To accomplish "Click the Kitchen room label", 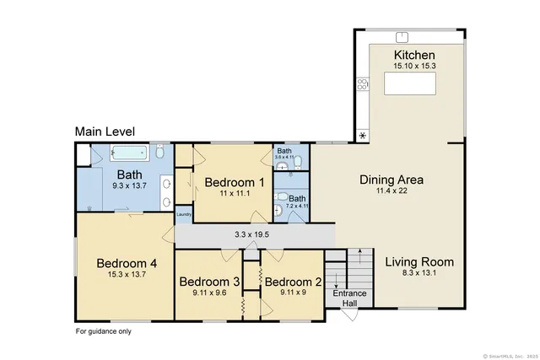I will point(414,56).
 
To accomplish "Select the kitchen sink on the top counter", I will point(402,36).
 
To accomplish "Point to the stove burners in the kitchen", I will point(363,83).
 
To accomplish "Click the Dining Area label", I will point(391,180).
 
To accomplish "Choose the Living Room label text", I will point(419,261).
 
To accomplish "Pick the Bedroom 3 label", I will point(209,282).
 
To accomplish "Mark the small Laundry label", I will point(183,215).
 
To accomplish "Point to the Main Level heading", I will point(105,132).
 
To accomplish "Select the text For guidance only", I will point(103,331).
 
